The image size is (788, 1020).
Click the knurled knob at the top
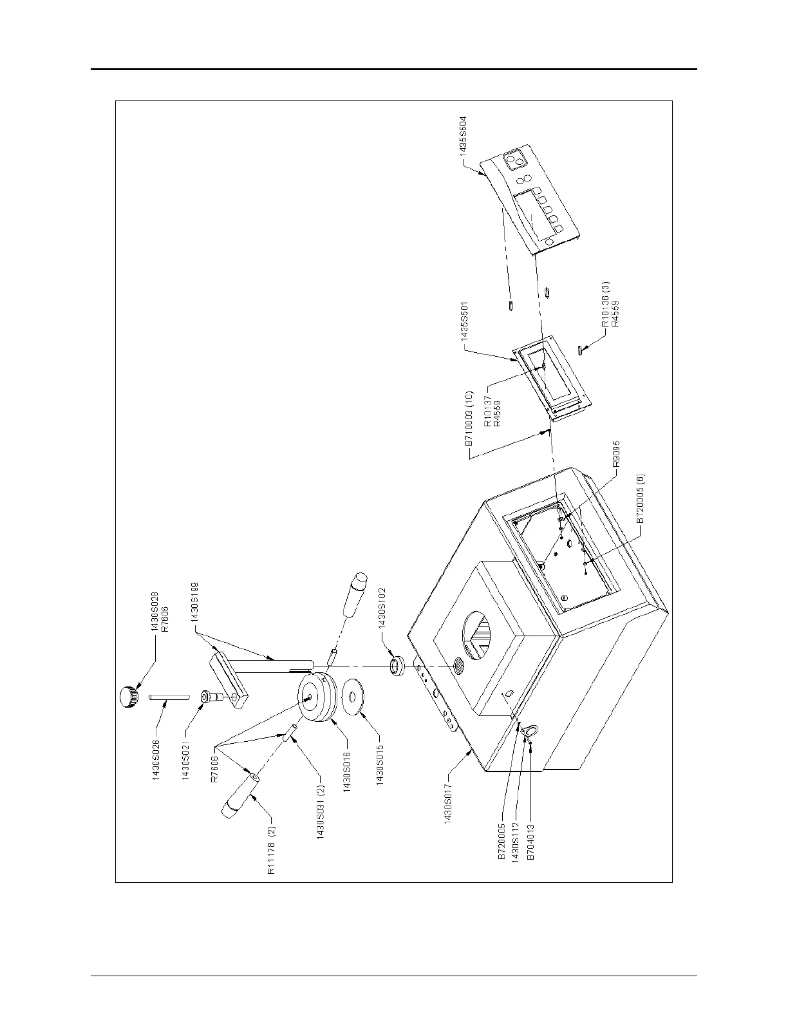pos(127,696)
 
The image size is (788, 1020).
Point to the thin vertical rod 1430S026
pos(169,695)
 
